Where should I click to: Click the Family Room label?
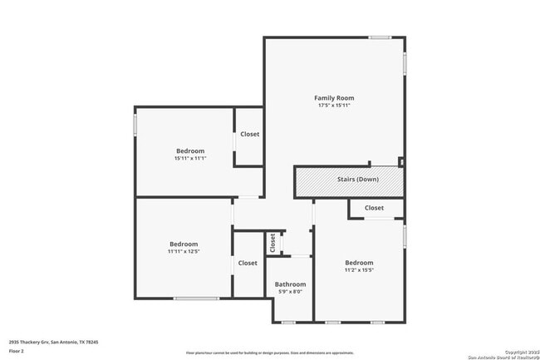point(334,98)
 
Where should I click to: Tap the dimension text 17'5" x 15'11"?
point(334,106)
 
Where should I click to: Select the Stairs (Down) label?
point(358,180)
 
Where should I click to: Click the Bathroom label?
point(289,284)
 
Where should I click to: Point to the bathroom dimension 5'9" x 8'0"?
point(289,292)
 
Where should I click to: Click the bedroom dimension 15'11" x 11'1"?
point(189,158)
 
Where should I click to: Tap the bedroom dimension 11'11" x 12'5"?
point(184,251)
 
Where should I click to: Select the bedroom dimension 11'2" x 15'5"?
point(359,269)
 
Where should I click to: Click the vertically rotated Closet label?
point(272,242)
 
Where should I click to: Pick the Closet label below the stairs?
point(374,208)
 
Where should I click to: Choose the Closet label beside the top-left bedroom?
point(249,134)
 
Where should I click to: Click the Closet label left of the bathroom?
point(248,263)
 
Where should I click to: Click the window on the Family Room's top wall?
point(380,37)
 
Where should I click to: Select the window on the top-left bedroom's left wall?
point(135,125)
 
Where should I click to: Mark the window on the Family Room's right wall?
point(405,64)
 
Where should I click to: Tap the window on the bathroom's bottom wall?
point(288,322)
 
